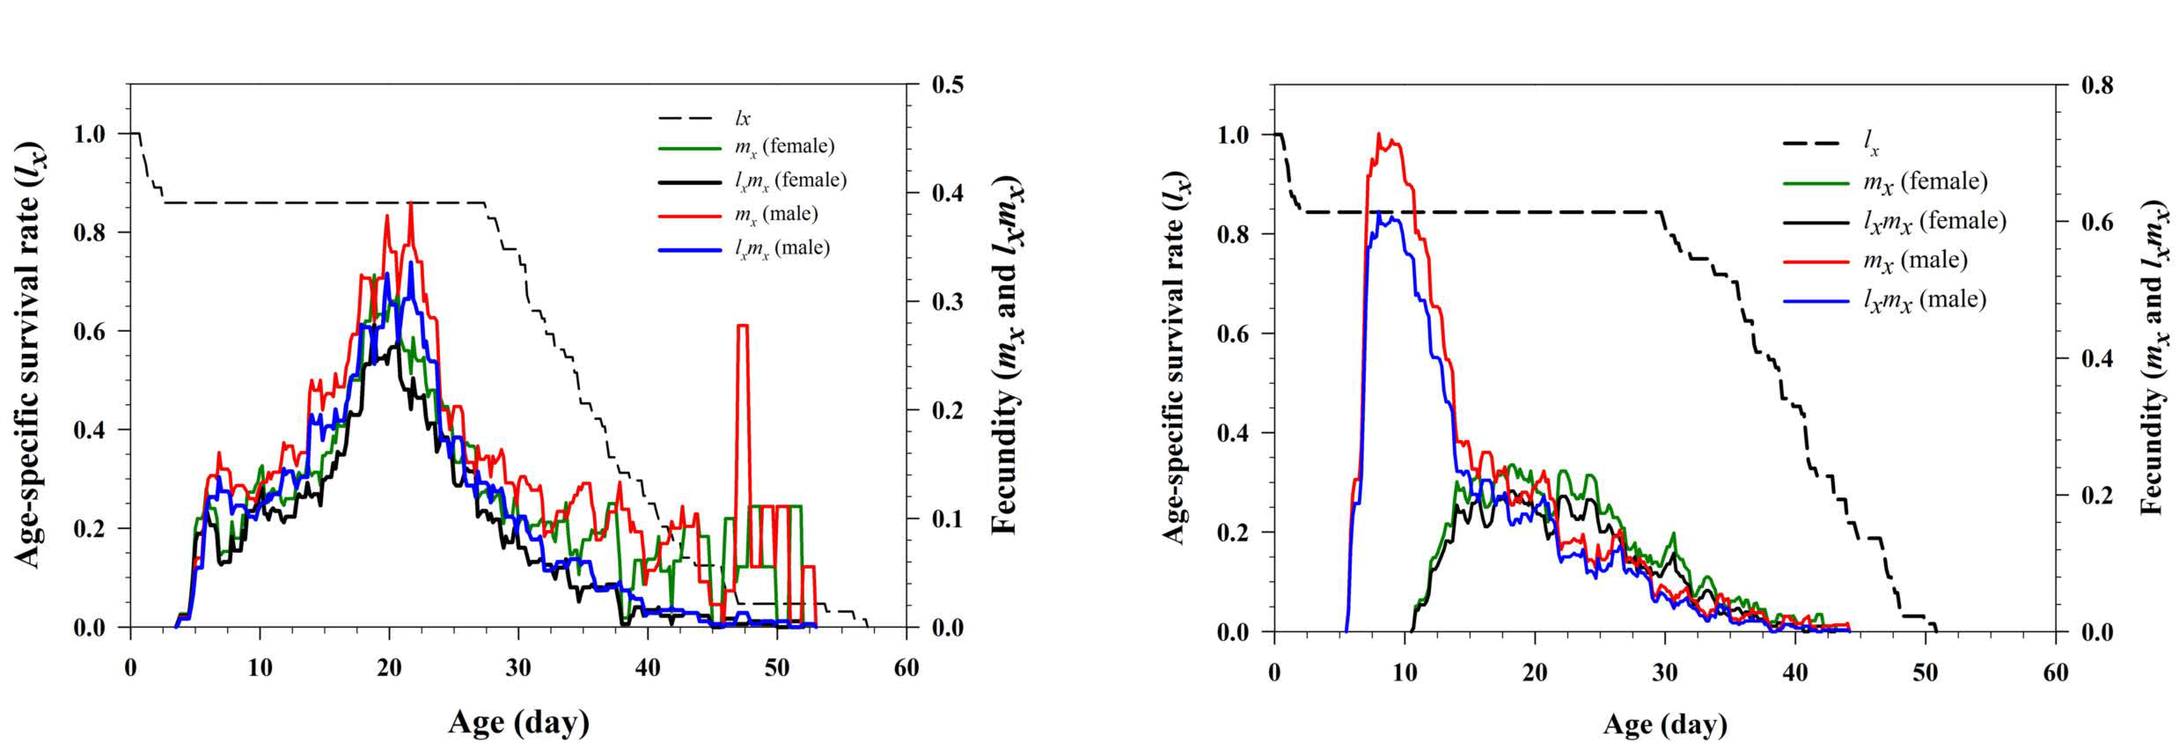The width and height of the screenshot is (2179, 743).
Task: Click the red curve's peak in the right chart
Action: [1379, 136]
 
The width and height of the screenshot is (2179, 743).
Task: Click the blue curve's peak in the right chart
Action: [1379, 213]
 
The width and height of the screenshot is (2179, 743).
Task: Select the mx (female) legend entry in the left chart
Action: [784, 147]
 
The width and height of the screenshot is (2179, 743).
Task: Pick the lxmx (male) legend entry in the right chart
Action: [1924, 300]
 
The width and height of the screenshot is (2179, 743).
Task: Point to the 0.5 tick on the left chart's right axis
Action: [947, 85]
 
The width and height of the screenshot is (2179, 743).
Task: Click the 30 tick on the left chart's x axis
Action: [518, 668]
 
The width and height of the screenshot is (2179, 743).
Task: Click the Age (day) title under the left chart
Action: [518, 722]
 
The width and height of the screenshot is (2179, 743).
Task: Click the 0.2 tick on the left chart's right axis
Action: [947, 410]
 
